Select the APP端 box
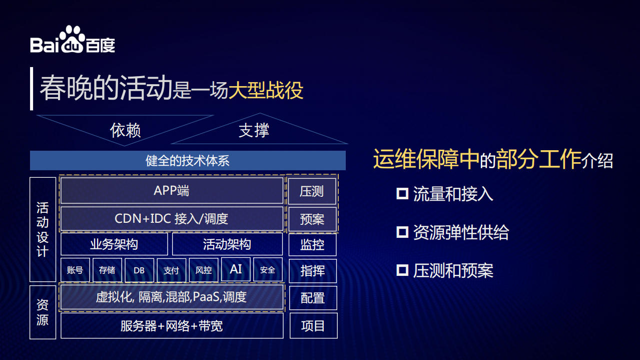pyautogui.click(x=172, y=191)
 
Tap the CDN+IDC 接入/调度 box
pyautogui.click(x=172, y=219)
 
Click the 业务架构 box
pyautogui.click(x=114, y=244)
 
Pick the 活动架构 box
pyautogui.click(x=227, y=244)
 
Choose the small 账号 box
pyautogui.click(x=75, y=270)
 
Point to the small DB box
pyautogui.click(x=139, y=270)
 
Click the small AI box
pyautogui.click(x=236, y=269)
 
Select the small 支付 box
pyautogui.click(x=171, y=270)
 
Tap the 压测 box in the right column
pyautogui.click(x=312, y=191)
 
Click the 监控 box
pyautogui.click(x=312, y=245)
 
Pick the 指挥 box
pyautogui.click(x=312, y=271)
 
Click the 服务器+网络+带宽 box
pyautogui.click(x=172, y=326)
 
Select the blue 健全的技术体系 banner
pyautogui.click(x=188, y=161)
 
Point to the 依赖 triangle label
pyautogui.click(x=125, y=130)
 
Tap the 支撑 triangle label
pyautogui.click(x=254, y=131)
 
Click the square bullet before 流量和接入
pyautogui.click(x=402, y=194)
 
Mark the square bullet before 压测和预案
pyautogui.click(x=402, y=270)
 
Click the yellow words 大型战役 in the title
pyautogui.click(x=266, y=90)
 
